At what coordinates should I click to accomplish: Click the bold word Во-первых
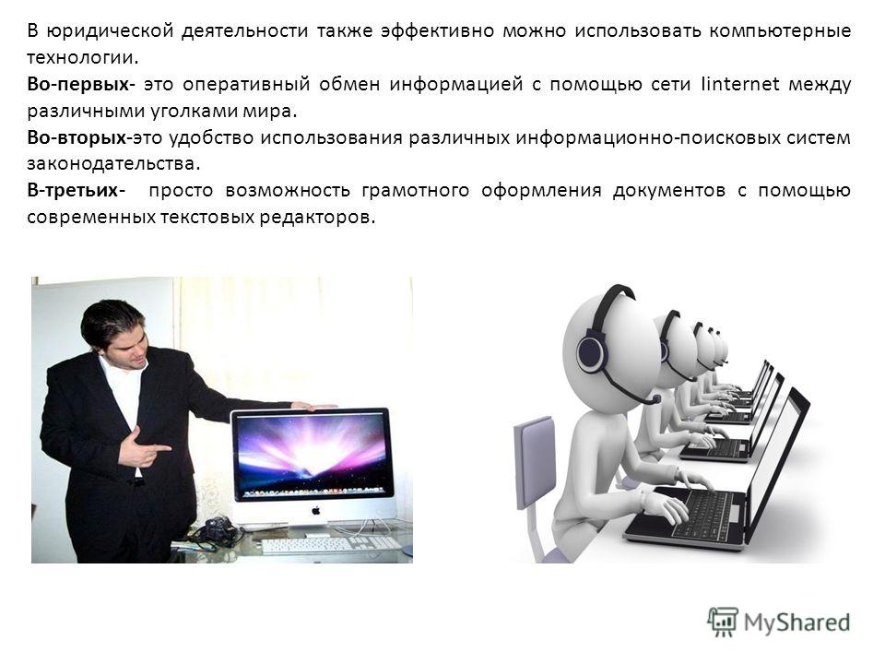(78, 84)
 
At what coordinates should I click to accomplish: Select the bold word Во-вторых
(77, 137)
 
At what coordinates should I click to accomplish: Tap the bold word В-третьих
(73, 190)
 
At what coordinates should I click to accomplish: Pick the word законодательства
(112, 164)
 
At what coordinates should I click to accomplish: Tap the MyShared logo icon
(723, 622)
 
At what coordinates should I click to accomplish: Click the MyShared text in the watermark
(796, 622)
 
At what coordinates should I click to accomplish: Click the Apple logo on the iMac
(316, 511)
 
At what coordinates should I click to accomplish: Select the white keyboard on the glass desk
(331, 544)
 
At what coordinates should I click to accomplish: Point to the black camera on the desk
(216, 529)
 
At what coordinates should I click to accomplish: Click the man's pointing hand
(144, 447)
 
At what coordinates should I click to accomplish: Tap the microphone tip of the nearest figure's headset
(655, 399)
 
